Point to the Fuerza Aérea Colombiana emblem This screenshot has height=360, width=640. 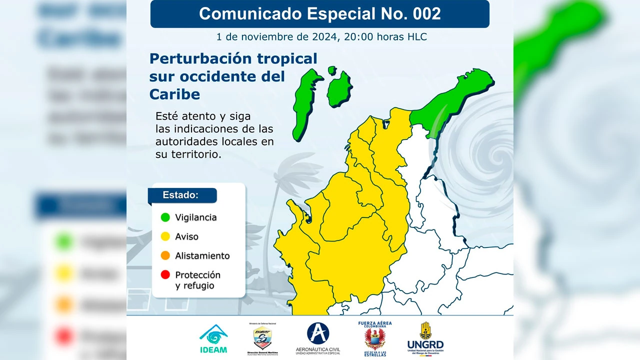pyautogui.click(x=375, y=338)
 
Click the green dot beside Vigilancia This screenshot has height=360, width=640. pyautogui.click(x=164, y=217)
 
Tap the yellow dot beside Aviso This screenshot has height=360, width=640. pyautogui.click(x=164, y=236)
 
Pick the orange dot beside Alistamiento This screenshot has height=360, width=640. pyautogui.click(x=164, y=255)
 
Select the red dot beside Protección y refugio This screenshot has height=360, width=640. pyautogui.click(x=164, y=275)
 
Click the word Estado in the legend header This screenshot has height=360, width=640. pyautogui.click(x=180, y=195)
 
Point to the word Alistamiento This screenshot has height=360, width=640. pyautogui.click(x=202, y=255)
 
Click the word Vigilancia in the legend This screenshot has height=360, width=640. pyautogui.click(x=195, y=217)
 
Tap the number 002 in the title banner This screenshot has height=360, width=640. pyautogui.click(x=427, y=14)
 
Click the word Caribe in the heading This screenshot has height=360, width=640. pyautogui.click(x=174, y=94)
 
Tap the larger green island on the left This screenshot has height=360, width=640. pyautogui.click(x=305, y=105)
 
